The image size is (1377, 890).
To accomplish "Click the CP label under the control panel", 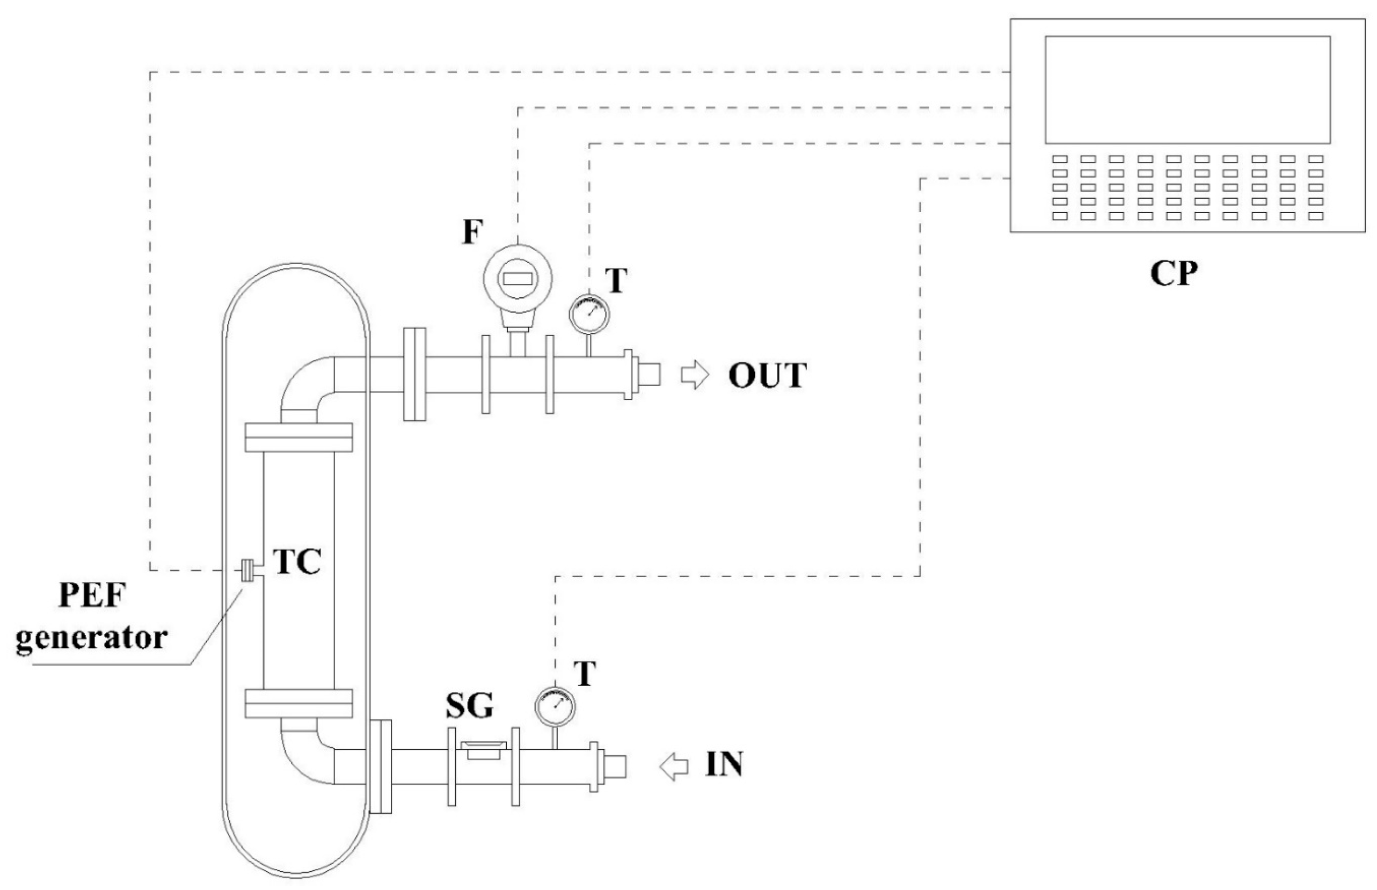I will point(1174,273).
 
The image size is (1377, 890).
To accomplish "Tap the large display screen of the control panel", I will point(1187,90).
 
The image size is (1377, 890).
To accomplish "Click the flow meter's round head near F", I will point(517,279).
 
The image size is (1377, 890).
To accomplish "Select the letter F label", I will point(472,232).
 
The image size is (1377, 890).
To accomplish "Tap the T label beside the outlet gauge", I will point(616,280).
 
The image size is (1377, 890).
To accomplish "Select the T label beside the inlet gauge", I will point(585,674).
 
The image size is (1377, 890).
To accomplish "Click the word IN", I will point(724,764).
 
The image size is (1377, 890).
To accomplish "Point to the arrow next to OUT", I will point(694,376).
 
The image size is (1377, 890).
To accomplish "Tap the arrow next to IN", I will point(674,767).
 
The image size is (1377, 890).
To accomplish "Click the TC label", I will point(296,561).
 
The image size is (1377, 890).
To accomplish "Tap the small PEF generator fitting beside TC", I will point(247,571).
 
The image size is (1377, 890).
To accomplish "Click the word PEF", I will point(91,596).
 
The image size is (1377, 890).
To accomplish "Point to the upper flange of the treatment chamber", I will point(298,437).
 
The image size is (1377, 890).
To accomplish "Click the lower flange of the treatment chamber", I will point(298,703).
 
